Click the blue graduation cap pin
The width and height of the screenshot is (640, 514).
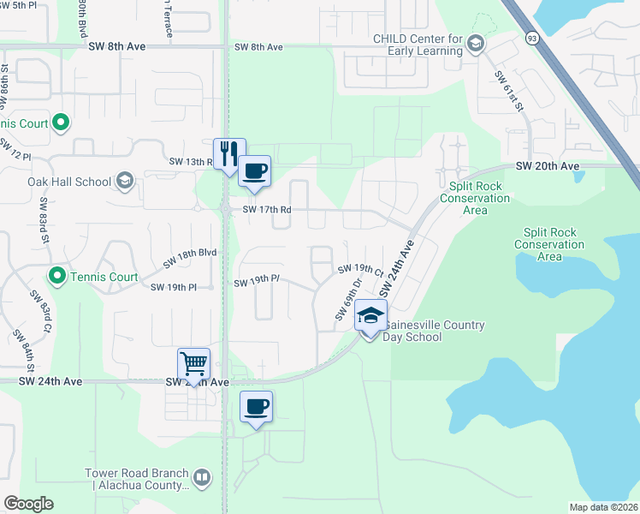[370, 316]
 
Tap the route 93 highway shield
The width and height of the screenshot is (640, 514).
[532, 38]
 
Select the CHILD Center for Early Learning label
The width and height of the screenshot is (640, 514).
[418, 45]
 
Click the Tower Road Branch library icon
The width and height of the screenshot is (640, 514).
[202, 477]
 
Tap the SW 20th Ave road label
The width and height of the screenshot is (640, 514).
[548, 166]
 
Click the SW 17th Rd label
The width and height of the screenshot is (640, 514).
[267, 210]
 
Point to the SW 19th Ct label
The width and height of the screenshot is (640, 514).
[360, 271]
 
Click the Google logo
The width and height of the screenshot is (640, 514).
[28, 503]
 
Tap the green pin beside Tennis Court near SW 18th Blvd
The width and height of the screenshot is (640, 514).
[57, 277]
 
